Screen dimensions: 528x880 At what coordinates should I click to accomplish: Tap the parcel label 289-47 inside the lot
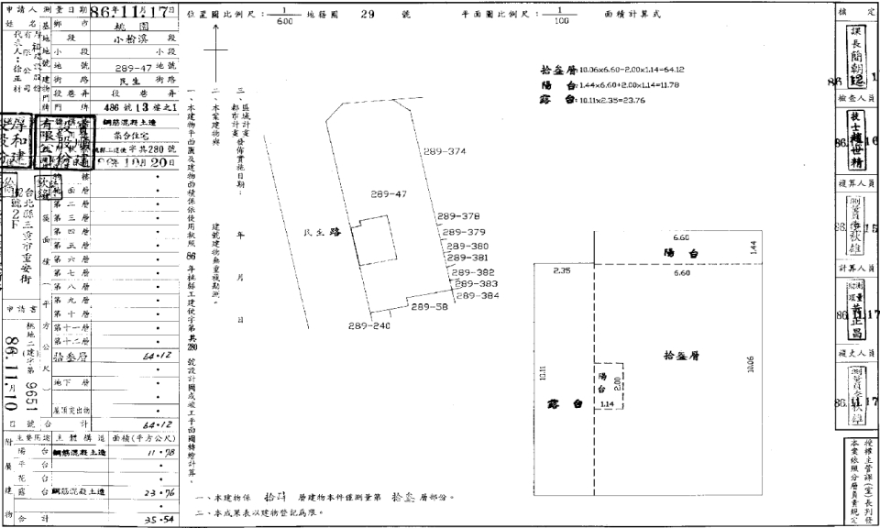click(x=390, y=194)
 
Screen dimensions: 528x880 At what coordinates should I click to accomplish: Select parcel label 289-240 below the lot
click(x=369, y=325)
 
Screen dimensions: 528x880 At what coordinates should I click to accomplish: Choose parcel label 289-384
click(x=478, y=295)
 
